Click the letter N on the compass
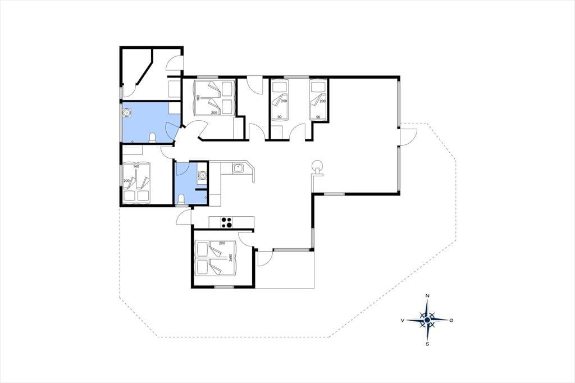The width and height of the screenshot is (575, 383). pyautogui.click(x=427, y=296)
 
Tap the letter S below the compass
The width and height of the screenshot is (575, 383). pyautogui.click(x=427, y=344)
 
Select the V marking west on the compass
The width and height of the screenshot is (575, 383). pyautogui.click(x=403, y=320)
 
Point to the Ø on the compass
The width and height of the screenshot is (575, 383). pyautogui.click(x=451, y=320)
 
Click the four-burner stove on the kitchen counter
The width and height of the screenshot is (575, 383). pyautogui.click(x=226, y=222)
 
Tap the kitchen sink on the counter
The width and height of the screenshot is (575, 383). pyautogui.click(x=238, y=168)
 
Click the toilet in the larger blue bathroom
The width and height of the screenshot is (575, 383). pyautogui.click(x=153, y=138)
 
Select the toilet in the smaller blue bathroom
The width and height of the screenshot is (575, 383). pyautogui.click(x=180, y=199)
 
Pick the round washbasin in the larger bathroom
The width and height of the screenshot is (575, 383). pyautogui.click(x=127, y=112)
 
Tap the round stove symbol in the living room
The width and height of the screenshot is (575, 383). pyautogui.click(x=317, y=165)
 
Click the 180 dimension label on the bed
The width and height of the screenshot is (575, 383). pyautogui.click(x=198, y=98)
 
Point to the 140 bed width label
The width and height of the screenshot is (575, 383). pyautogui.click(x=136, y=167)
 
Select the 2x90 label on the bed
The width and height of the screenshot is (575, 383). pyautogui.click(x=230, y=258)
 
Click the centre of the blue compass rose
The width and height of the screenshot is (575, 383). pyautogui.click(x=427, y=320)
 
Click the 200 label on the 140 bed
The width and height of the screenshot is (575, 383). pyautogui.click(x=126, y=181)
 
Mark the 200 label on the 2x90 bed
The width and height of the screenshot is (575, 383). pyautogui.click(x=221, y=243)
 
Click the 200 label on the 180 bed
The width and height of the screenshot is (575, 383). pyautogui.click(x=213, y=113)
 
